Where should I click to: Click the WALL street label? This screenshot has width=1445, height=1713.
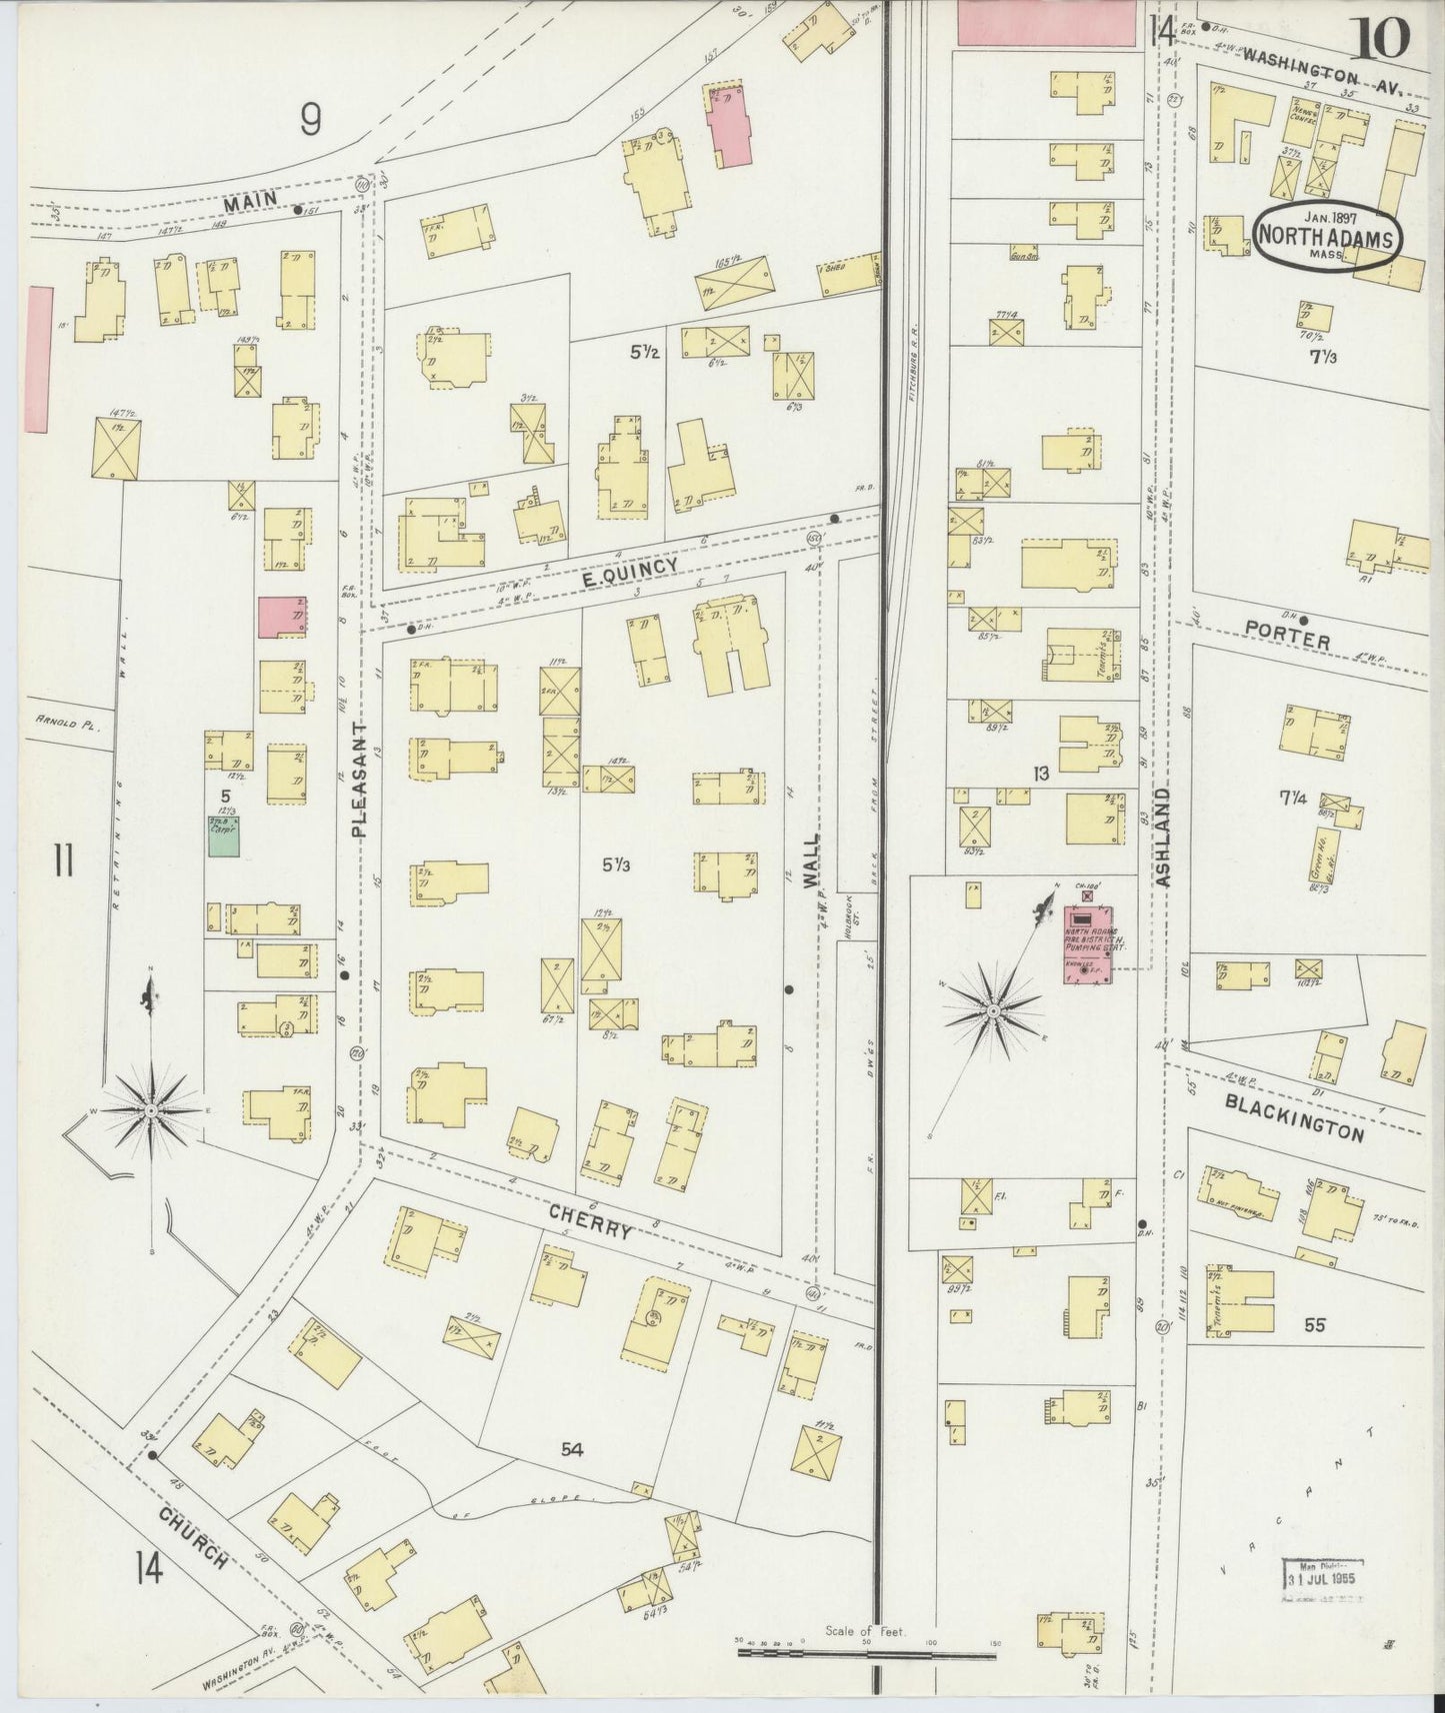(811, 861)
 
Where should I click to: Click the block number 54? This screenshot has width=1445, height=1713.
(572, 1449)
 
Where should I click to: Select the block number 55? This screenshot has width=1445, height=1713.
(1314, 1325)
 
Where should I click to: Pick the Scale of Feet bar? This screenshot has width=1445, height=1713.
(865, 1653)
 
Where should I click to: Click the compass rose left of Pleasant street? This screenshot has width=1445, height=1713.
(150, 1109)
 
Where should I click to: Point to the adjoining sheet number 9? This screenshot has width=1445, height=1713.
(311, 121)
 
